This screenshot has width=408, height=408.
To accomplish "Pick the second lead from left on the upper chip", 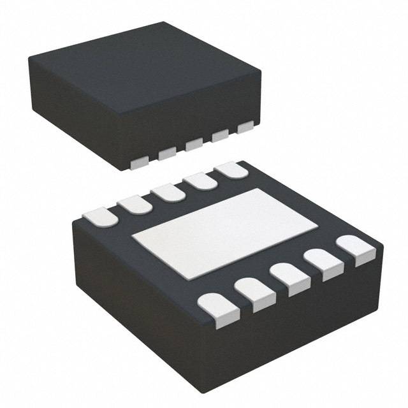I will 168,153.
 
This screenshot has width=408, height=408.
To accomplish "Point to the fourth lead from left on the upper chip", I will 220,136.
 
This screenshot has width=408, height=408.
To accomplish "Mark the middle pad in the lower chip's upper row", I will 168,192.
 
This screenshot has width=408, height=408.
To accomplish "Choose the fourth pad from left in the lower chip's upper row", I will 200,181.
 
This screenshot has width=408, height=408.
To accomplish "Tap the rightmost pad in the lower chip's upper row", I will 231,170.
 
